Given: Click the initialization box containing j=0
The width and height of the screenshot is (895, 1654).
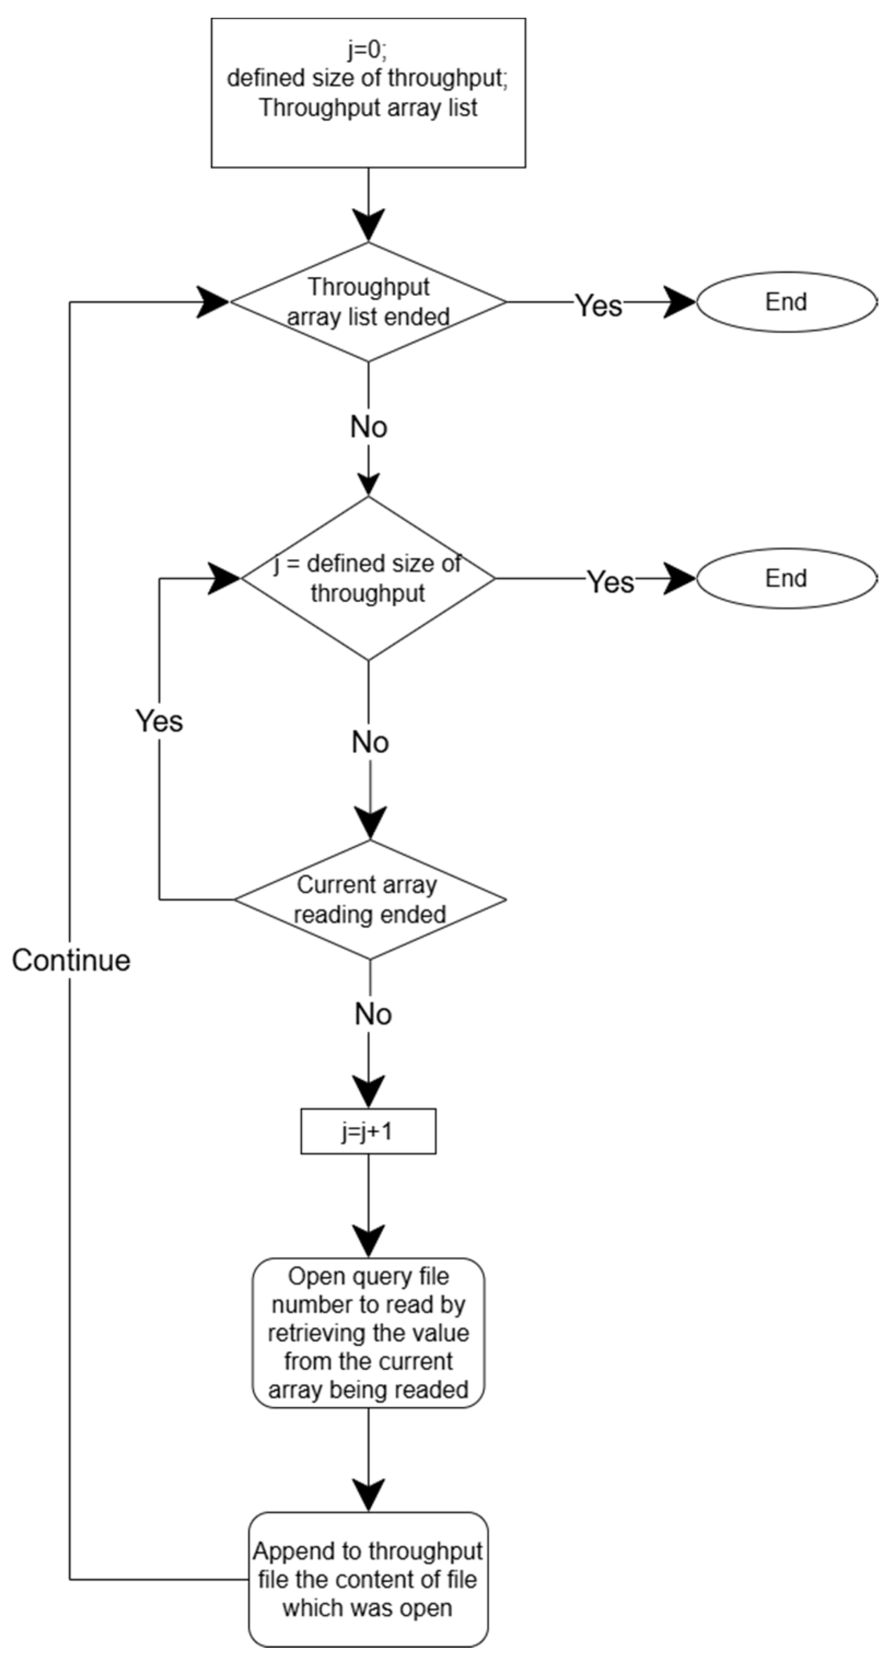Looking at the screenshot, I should (368, 93).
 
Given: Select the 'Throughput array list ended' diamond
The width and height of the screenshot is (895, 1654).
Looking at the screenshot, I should (368, 302).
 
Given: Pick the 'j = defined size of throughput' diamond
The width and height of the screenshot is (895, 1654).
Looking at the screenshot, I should (368, 579).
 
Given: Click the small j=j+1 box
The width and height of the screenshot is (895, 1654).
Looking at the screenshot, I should (368, 1131).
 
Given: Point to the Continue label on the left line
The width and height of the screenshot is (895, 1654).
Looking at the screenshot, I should (71, 960).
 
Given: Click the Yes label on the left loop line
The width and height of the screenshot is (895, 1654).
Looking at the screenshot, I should (159, 721).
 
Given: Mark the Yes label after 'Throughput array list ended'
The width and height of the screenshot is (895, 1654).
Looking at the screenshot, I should (598, 305).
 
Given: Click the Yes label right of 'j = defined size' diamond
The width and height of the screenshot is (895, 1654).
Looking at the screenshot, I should (611, 583).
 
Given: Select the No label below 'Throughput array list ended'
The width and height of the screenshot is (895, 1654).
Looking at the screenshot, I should (368, 427).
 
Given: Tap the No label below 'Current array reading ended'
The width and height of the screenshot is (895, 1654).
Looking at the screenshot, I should (373, 1015).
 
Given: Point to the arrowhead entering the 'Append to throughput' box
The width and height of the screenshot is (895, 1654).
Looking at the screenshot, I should (368, 1495).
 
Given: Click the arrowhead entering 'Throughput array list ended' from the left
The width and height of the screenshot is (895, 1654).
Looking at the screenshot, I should (212, 302).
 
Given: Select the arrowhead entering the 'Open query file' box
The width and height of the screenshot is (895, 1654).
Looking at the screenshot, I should (368, 1241).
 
